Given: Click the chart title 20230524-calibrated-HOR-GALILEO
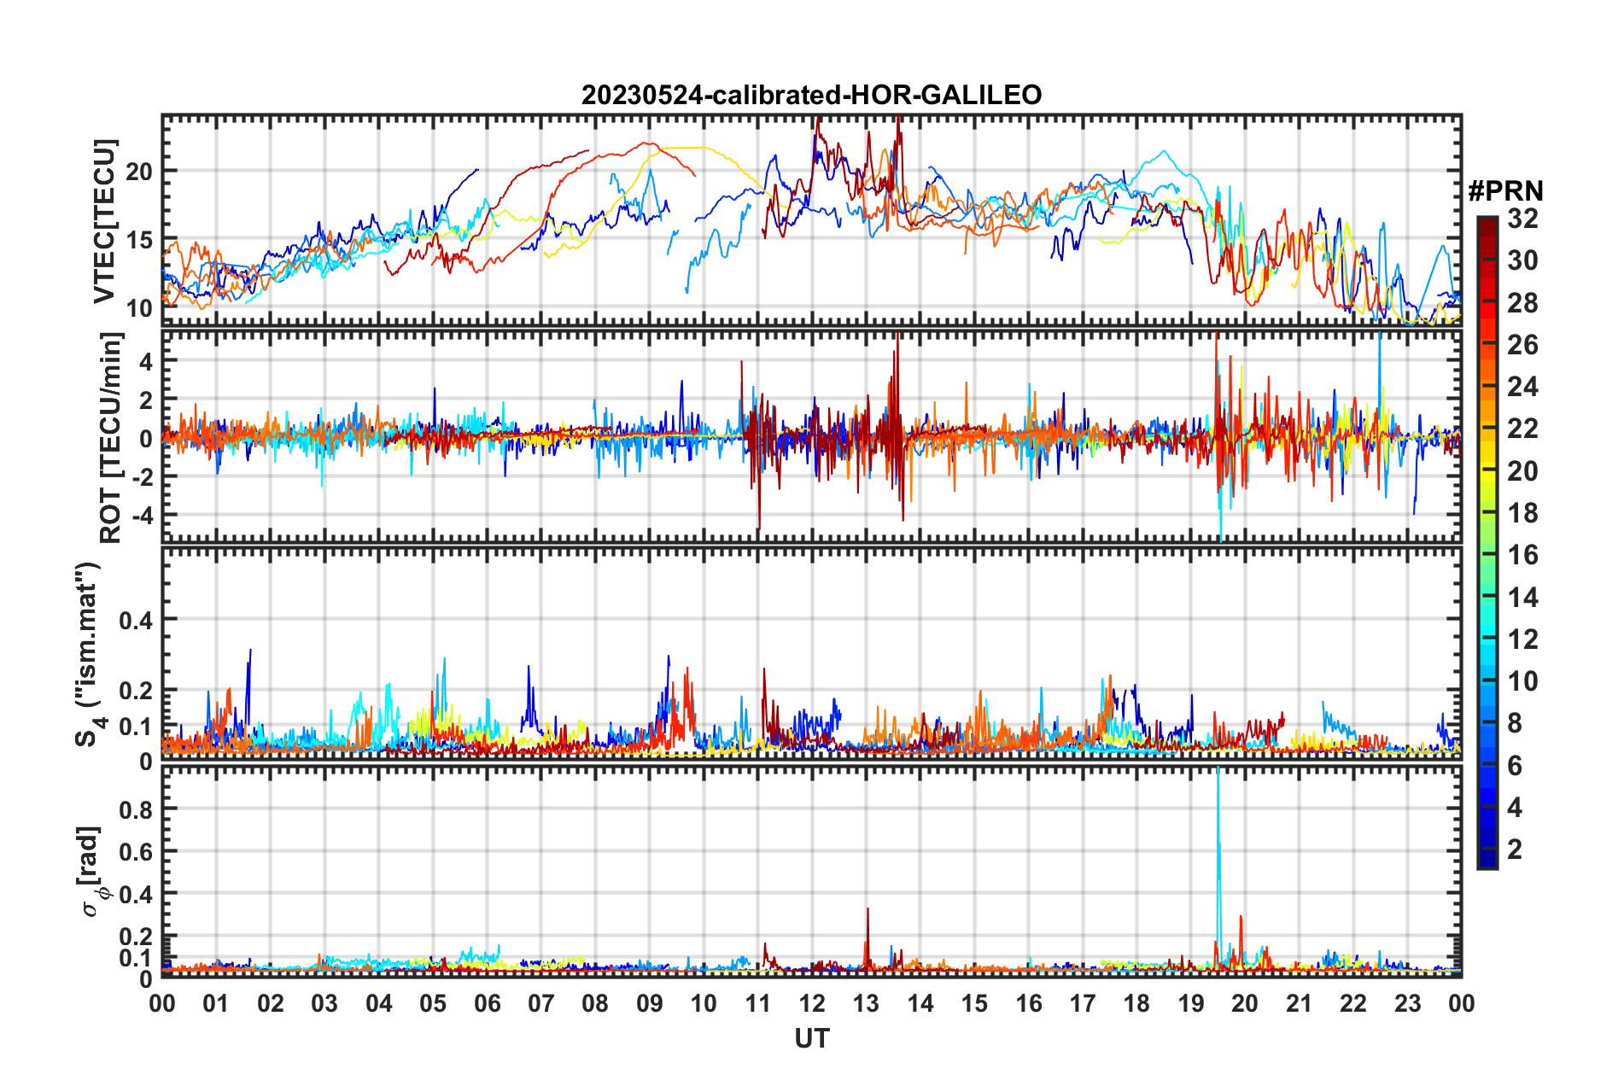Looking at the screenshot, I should (x=811, y=95).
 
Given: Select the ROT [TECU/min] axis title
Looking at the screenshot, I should (x=111, y=438).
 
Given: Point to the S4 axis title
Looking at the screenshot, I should (x=88, y=654).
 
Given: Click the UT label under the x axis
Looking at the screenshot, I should (x=811, y=1038).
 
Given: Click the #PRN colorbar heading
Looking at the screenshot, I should (x=1505, y=190).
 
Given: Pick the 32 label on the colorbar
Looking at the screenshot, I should (x=1522, y=219).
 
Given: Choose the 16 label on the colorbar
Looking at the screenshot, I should (x=1522, y=555).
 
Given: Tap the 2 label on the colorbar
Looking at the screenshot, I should (x=1516, y=849).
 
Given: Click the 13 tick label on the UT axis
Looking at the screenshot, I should (x=866, y=1004).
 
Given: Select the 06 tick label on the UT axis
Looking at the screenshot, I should (x=487, y=1004).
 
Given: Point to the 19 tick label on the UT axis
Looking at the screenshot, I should (x=1191, y=1004).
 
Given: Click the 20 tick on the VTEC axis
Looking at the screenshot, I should (x=139, y=172).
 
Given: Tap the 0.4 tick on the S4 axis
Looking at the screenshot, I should (x=136, y=621).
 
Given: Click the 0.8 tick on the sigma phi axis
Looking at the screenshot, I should (x=136, y=809).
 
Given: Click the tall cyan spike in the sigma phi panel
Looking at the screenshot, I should (x=1218, y=820).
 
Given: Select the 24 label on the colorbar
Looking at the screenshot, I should (x=1522, y=387).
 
